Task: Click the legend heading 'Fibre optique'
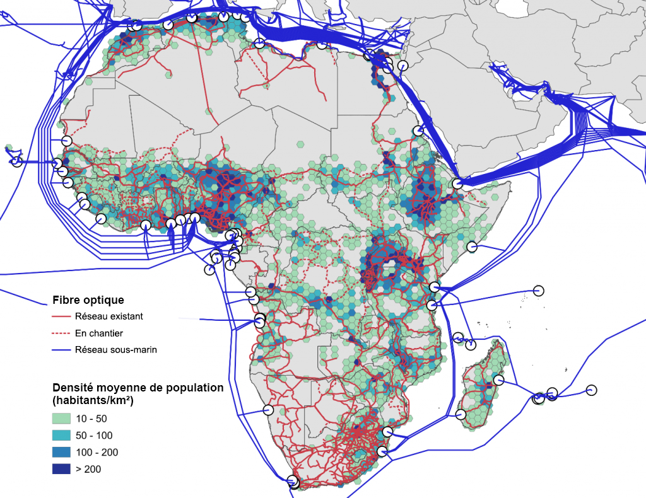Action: point(88,300)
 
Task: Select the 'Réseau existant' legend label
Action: point(109,316)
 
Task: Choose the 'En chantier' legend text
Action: point(98,333)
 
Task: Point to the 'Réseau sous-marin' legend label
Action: point(115,349)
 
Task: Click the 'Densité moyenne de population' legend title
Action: point(138,388)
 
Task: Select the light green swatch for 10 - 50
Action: point(61,419)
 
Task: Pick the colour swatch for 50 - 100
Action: point(61,436)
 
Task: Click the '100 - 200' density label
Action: point(97,453)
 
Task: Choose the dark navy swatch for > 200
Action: point(61,469)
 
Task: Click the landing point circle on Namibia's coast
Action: point(268,410)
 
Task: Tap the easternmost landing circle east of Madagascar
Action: point(591,390)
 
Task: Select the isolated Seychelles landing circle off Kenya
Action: point(538,290)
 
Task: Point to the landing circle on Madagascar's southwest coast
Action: point(461,414)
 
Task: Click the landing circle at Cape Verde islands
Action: point(17,162)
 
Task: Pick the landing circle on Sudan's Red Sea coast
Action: point(418,131)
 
